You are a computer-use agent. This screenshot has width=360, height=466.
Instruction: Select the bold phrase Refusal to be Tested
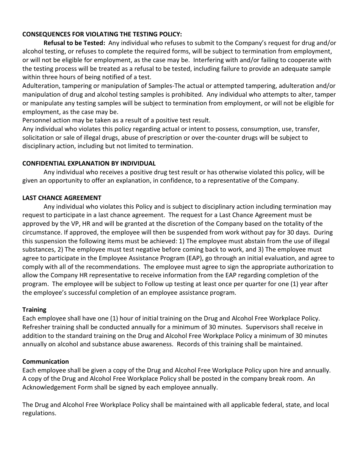click(x=74, y=43)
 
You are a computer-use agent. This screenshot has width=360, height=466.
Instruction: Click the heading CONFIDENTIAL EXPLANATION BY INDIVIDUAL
click(x=89, y=163)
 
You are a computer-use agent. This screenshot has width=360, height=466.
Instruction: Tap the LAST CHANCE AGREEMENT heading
click(x=62, y=198)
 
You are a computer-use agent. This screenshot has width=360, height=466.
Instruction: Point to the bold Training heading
click(x=34, y=310)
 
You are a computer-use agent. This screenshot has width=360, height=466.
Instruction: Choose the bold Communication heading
click(x=45, y=361)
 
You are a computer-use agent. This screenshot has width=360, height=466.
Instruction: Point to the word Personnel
click(x=37, y=120)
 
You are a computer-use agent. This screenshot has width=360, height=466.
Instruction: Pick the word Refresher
click(x=36, y=327)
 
